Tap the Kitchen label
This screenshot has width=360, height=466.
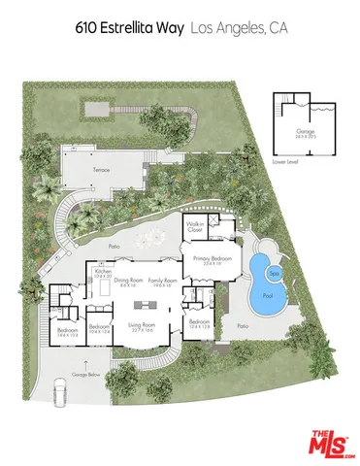tap(103, 272)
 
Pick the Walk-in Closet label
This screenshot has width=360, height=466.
tap(194, 229)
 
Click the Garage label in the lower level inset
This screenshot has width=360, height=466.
tap(301, 132)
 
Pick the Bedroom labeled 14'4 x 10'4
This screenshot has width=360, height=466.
tap(68, 331)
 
